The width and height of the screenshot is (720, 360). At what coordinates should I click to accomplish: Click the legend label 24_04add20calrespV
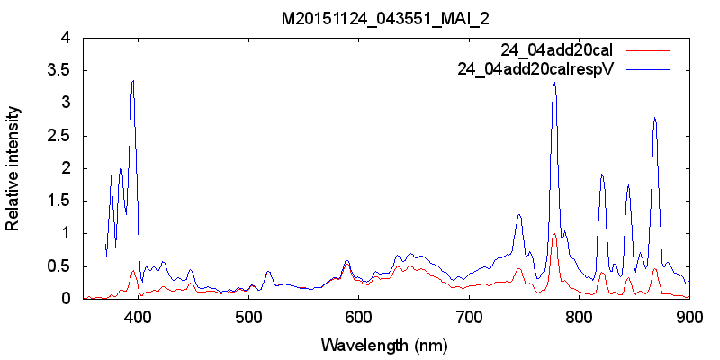[535, 67]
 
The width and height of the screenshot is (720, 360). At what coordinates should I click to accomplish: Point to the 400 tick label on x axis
[138, 316]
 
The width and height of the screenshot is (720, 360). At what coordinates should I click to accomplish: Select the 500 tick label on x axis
[248, 316]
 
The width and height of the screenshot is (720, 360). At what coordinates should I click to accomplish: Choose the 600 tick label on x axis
[359, 316]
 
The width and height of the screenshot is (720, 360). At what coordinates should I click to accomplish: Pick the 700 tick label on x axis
[469, 316]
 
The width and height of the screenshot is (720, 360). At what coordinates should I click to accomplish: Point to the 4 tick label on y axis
[65, 38]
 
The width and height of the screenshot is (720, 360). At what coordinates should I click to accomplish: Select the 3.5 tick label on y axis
[59, 70]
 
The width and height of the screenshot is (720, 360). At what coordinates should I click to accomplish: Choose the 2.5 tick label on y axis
[59, 136]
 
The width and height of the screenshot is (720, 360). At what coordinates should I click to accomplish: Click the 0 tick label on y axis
[65, 299]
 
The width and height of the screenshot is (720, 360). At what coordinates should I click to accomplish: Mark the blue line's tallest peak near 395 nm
[133, 81]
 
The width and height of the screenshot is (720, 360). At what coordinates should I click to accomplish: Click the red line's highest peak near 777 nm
[554, 234]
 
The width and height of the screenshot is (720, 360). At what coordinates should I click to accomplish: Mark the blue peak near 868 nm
[655, 118]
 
